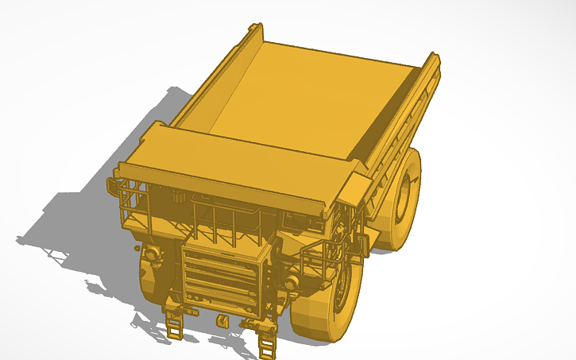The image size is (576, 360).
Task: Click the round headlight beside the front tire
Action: coord(292,282)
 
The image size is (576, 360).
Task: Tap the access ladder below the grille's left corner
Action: coord(174,324)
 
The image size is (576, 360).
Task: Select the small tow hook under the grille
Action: coord(221,321)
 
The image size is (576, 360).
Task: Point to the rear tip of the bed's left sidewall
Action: coord(256,29)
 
